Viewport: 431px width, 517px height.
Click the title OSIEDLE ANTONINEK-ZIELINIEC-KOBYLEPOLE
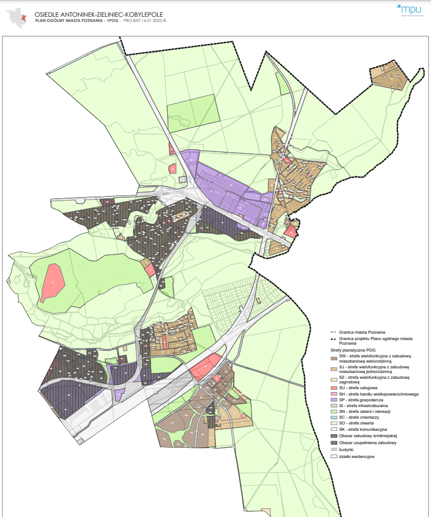[100, 13]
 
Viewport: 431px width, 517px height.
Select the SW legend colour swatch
[333, 357]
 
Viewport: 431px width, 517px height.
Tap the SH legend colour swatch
[333, 394]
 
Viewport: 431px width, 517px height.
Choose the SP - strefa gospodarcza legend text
[364, 400]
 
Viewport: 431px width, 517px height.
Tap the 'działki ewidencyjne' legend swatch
[333, 456]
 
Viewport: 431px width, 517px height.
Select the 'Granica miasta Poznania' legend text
[363, 332]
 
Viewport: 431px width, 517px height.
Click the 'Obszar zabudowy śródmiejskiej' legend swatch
[333, 435]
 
